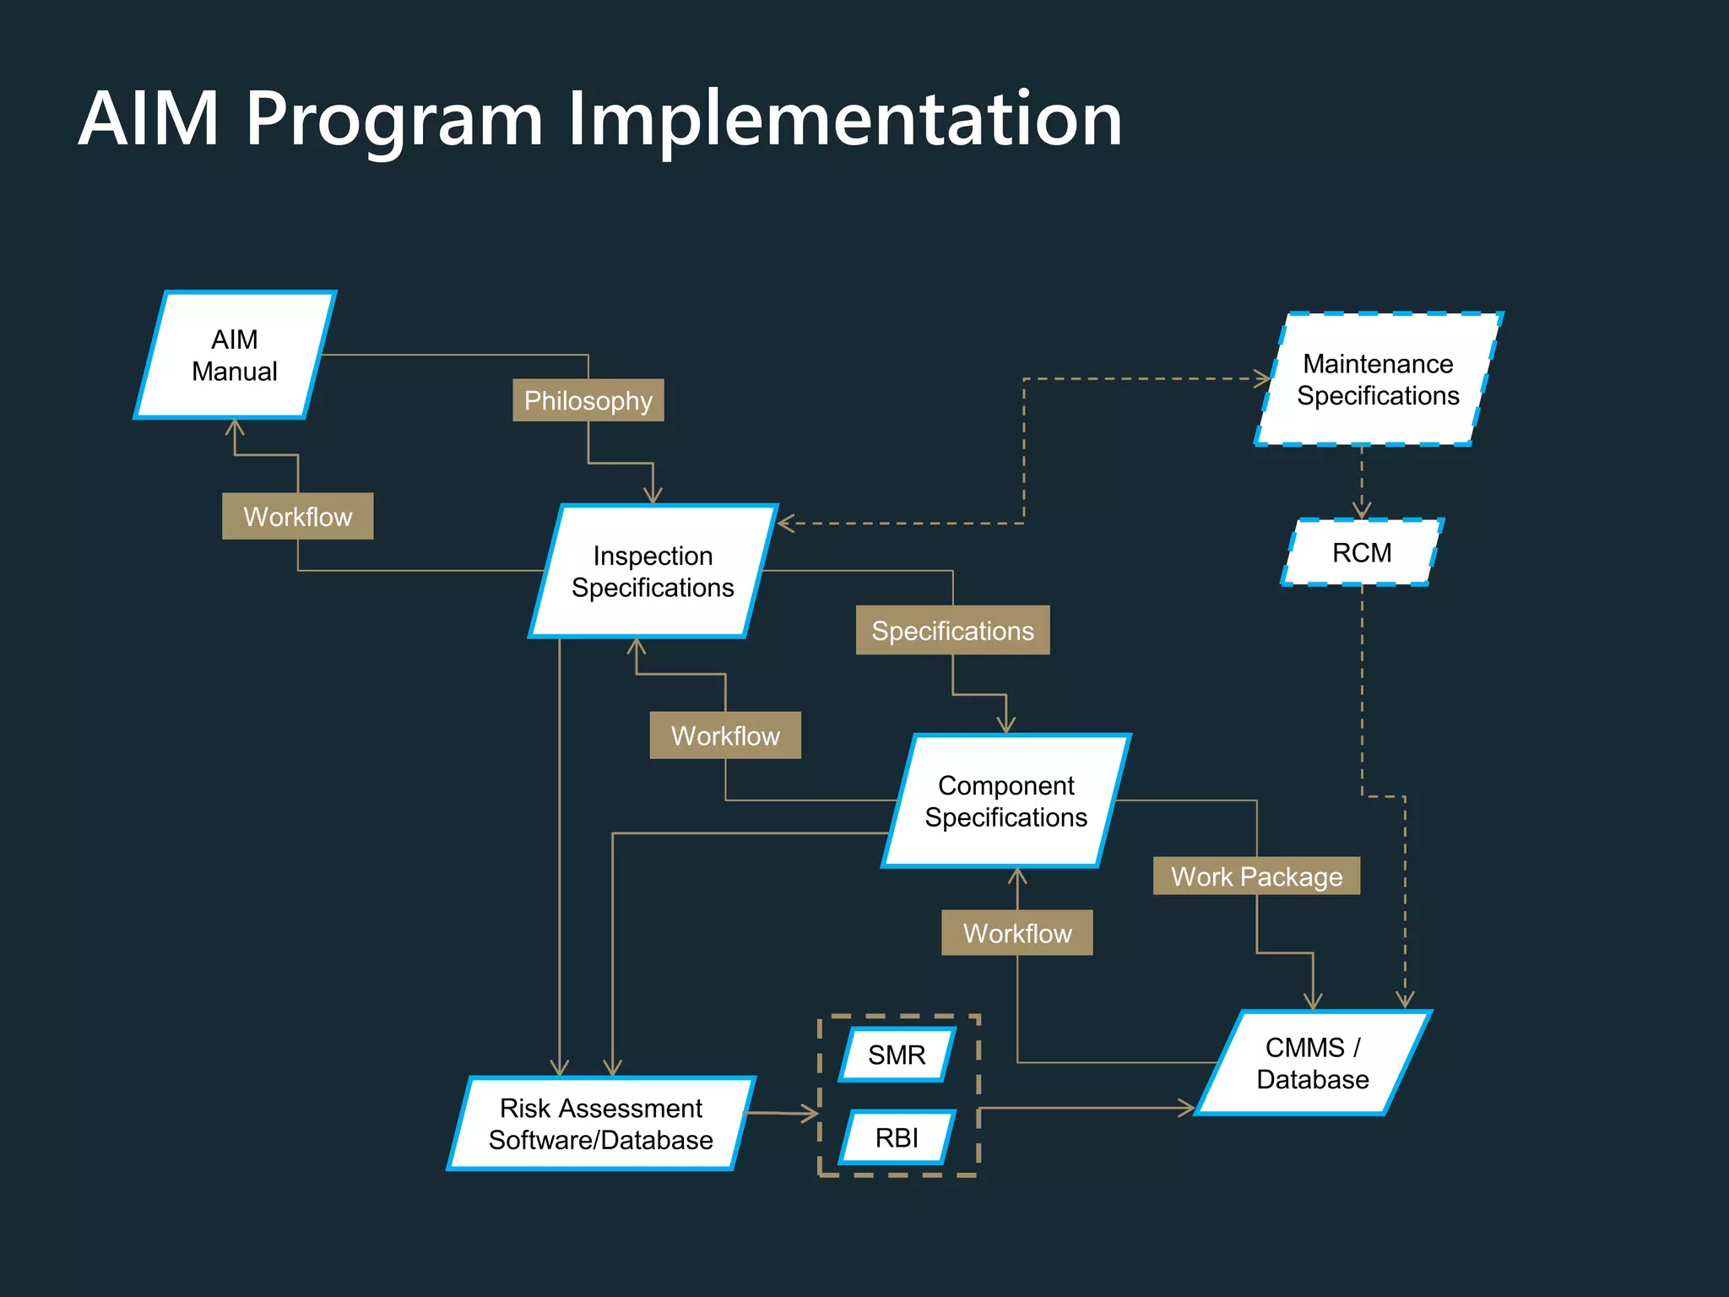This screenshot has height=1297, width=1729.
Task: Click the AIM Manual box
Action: click(235, 355)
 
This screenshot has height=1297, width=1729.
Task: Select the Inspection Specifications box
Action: click(653, 572)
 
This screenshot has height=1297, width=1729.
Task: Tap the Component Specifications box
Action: click(1005, 801)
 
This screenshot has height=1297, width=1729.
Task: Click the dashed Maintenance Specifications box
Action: click(1378, 380)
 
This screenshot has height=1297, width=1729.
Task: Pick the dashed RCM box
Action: click(1362, 553)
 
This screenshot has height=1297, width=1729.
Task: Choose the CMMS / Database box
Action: click(1312, 1063)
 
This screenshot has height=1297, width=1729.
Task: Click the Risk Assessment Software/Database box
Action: click(600, 1124)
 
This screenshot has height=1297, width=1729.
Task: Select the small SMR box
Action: click(897, 1055)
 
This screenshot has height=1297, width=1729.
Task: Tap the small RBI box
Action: click(897, 1137)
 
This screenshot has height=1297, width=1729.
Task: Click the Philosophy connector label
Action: click(588, 400)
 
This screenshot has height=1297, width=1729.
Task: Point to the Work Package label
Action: click(1256, 876)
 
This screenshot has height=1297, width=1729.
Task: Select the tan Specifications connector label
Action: click(952, 630)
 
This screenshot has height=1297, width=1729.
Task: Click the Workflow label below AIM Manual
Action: click(297, 516)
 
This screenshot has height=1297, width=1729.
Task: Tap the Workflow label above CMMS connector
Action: click(1016, 933)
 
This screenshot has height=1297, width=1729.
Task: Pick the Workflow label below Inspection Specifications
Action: click(724, 735)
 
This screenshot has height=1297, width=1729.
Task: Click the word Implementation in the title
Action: click(844, 120)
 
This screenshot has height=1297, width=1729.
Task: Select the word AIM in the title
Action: click(149, 120)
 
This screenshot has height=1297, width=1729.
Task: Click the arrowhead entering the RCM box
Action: click(1362, 511)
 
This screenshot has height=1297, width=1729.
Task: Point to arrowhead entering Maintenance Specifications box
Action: click(1264, 379)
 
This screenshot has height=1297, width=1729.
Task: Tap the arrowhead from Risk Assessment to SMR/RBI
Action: click(811, 1115)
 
